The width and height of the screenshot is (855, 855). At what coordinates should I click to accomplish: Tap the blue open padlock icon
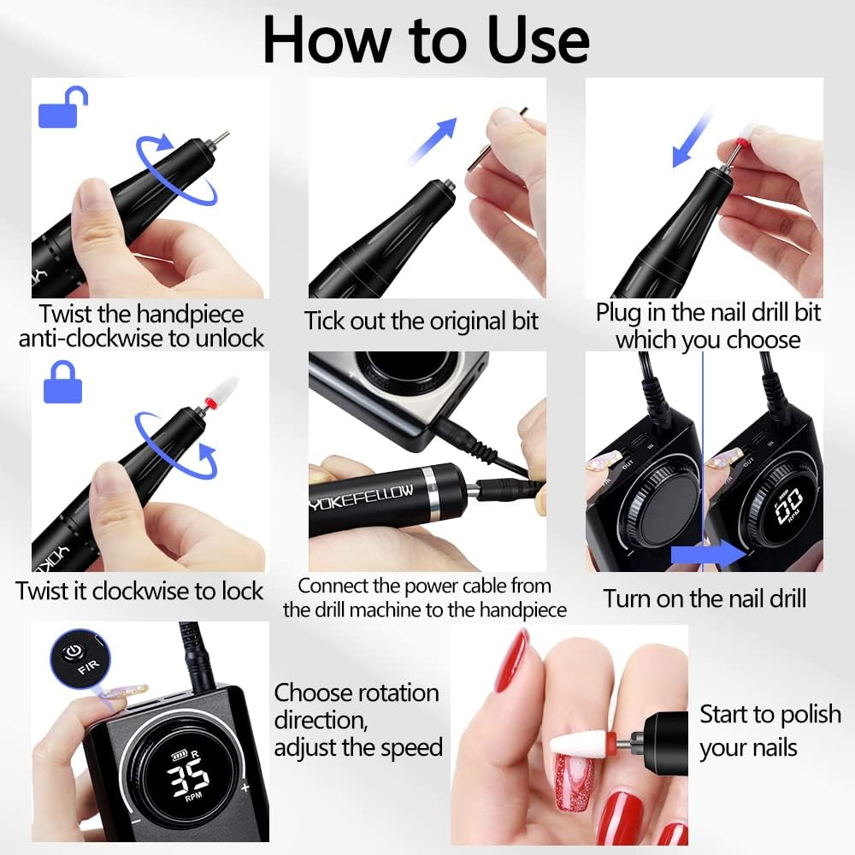coord(63,106)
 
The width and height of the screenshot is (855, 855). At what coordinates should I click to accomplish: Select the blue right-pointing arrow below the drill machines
coord(708,555)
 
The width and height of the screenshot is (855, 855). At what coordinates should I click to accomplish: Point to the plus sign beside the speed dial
coord(245,787)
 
